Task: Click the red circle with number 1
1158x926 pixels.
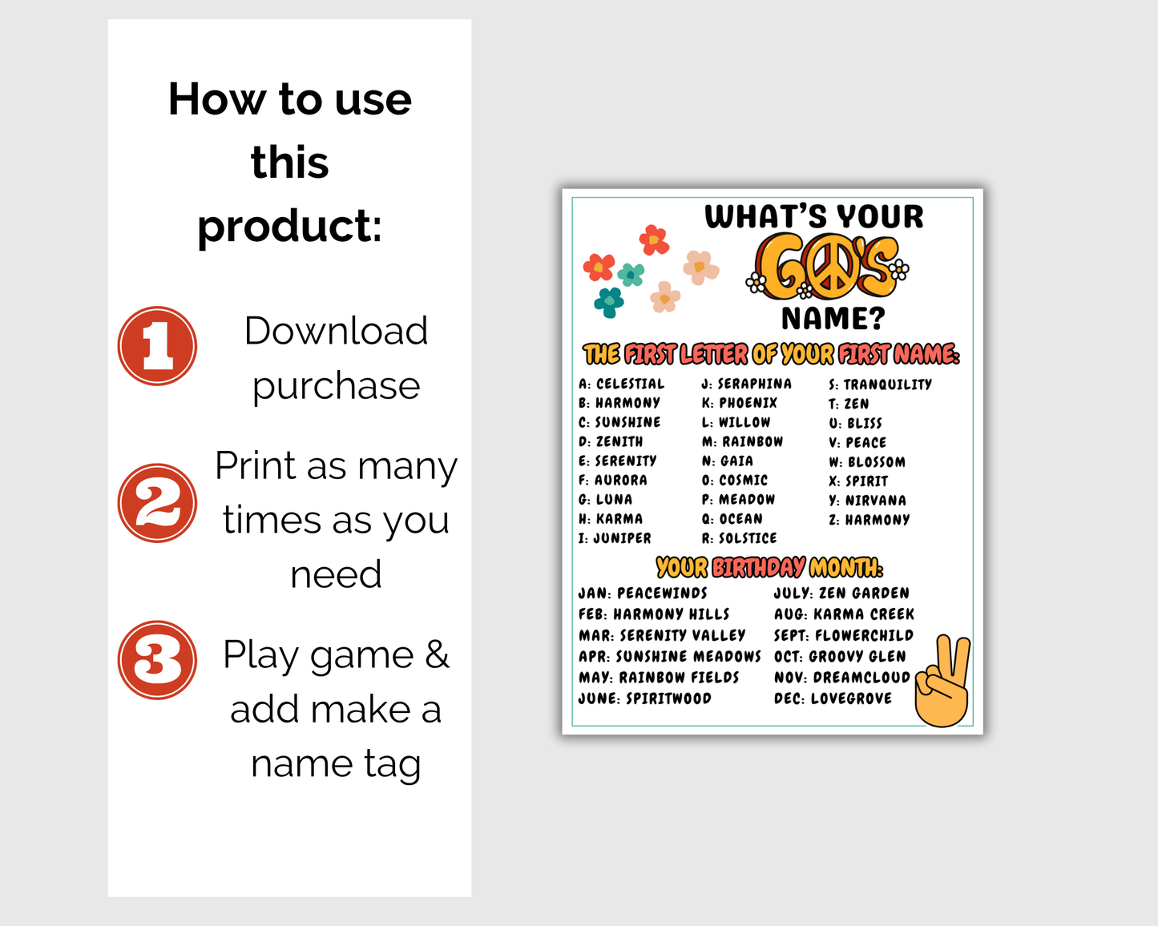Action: point(157,346)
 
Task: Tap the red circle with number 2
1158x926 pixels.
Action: point(157,503)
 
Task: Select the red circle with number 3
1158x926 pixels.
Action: point(157,660)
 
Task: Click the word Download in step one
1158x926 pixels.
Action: point(336,330)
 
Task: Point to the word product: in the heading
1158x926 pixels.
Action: point(289,227)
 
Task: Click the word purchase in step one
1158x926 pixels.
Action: point(337,386)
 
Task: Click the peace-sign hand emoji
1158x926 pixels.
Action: point(942,681)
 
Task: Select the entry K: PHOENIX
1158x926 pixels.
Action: point(740,403)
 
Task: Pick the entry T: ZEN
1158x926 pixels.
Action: point(849,404)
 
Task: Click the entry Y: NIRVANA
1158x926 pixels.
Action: point(867,501)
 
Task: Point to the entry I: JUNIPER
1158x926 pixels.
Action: point(615,538)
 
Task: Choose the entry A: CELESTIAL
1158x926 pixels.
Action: point(622,384)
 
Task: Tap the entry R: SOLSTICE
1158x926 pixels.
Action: point(739,538)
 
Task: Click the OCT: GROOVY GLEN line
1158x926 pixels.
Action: point(840,656)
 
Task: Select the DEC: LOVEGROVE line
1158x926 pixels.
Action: point(833,699)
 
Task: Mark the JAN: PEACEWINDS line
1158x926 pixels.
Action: point(643,593)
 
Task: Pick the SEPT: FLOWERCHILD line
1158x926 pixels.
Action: point(844,635)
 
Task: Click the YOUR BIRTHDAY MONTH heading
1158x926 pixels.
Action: point(769,568)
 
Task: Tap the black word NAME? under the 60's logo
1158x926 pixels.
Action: point(833,318)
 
